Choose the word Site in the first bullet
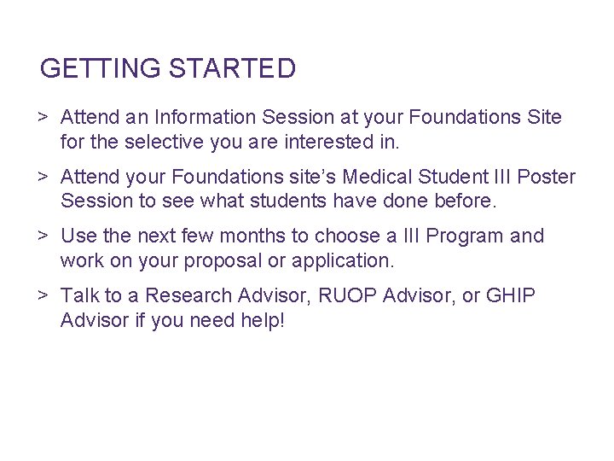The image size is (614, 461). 544,117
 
